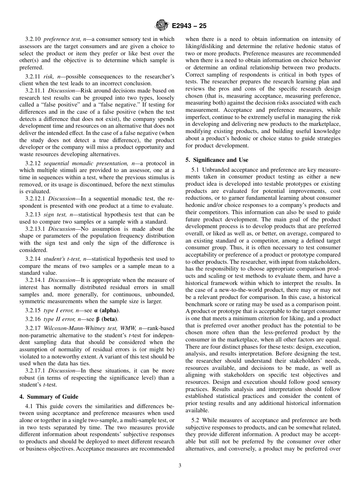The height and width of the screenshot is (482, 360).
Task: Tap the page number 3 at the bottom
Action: coord(180,466)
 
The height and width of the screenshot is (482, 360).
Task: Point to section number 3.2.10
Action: coord(33,39)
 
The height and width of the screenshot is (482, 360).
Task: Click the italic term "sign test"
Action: coord(54,214)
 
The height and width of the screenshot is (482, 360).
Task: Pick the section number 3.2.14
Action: coord(33,259)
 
